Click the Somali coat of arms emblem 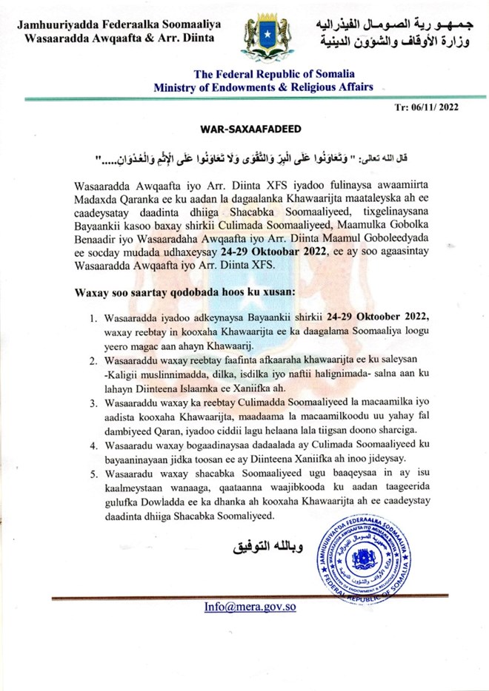265,37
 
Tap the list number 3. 94,404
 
